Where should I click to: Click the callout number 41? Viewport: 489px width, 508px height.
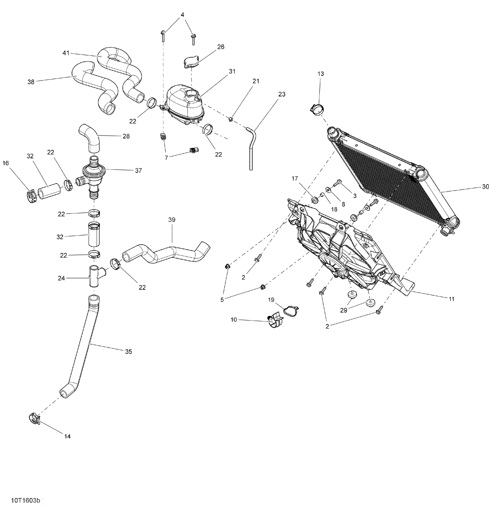pos(66,53)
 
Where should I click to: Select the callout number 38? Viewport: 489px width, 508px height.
pos(31,82)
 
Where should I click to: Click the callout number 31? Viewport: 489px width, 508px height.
pos(232,71)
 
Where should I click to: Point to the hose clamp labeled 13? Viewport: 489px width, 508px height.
pos(318,109)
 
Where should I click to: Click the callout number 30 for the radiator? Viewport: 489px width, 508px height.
pos(485,187)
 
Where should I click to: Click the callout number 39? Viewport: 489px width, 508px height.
pos(172,220)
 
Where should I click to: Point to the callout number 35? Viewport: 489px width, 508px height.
pos(128,351)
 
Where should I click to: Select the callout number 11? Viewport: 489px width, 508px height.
pos(451,299)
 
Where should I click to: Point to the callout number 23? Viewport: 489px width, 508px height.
pos(282,94)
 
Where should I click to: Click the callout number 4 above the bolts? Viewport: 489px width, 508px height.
pos(182,15)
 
